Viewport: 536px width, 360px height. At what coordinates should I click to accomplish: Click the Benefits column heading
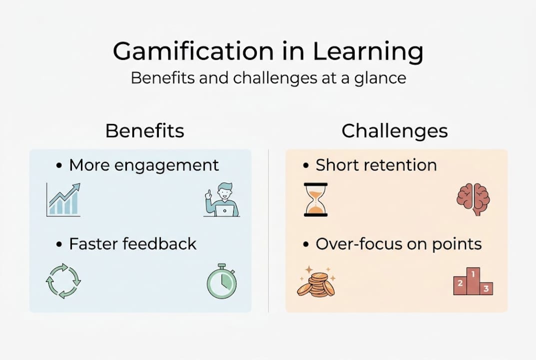point(145,131)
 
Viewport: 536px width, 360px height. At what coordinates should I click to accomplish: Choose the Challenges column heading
point(395,131)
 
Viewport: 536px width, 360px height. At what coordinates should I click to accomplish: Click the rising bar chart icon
point(63,200)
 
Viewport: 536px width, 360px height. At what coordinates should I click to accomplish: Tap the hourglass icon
point(316,199)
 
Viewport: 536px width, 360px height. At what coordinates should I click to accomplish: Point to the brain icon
point(473,198)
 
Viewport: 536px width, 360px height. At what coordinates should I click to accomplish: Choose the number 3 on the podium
point(486,288)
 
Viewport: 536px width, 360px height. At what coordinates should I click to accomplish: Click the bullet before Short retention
point(306,166)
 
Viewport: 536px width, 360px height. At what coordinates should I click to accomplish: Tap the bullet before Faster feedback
point(59,244)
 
